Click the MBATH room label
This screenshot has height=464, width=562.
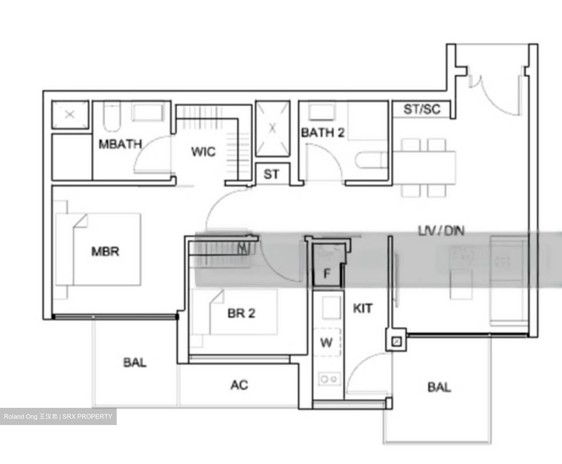pos(120,144)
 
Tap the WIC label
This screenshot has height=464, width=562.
pos(203,151)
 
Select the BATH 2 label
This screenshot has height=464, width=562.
pos(322,133)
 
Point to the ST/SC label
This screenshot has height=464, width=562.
pos(421,109)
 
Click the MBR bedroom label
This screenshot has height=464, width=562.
pos(105,251)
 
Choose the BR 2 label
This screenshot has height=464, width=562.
pos(241,313)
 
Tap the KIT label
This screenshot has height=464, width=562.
pos(363,308)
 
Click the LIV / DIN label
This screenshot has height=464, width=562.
pos(441,231)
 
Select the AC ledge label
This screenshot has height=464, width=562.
pos(239,385)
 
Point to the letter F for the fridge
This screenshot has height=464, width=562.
pos(327,274)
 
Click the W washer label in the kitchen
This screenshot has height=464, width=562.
pos(326,343)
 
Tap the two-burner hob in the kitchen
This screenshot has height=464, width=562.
pos(329,379)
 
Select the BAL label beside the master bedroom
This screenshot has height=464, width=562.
pos(135,363)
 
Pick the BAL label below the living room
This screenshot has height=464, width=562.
pos(439,387)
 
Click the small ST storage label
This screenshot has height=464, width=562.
pos(271,174)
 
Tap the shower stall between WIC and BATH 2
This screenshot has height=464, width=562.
pos(272,128)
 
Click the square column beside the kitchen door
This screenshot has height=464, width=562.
pos(397,342)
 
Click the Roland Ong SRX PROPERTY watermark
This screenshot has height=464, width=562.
pos(58,416)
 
